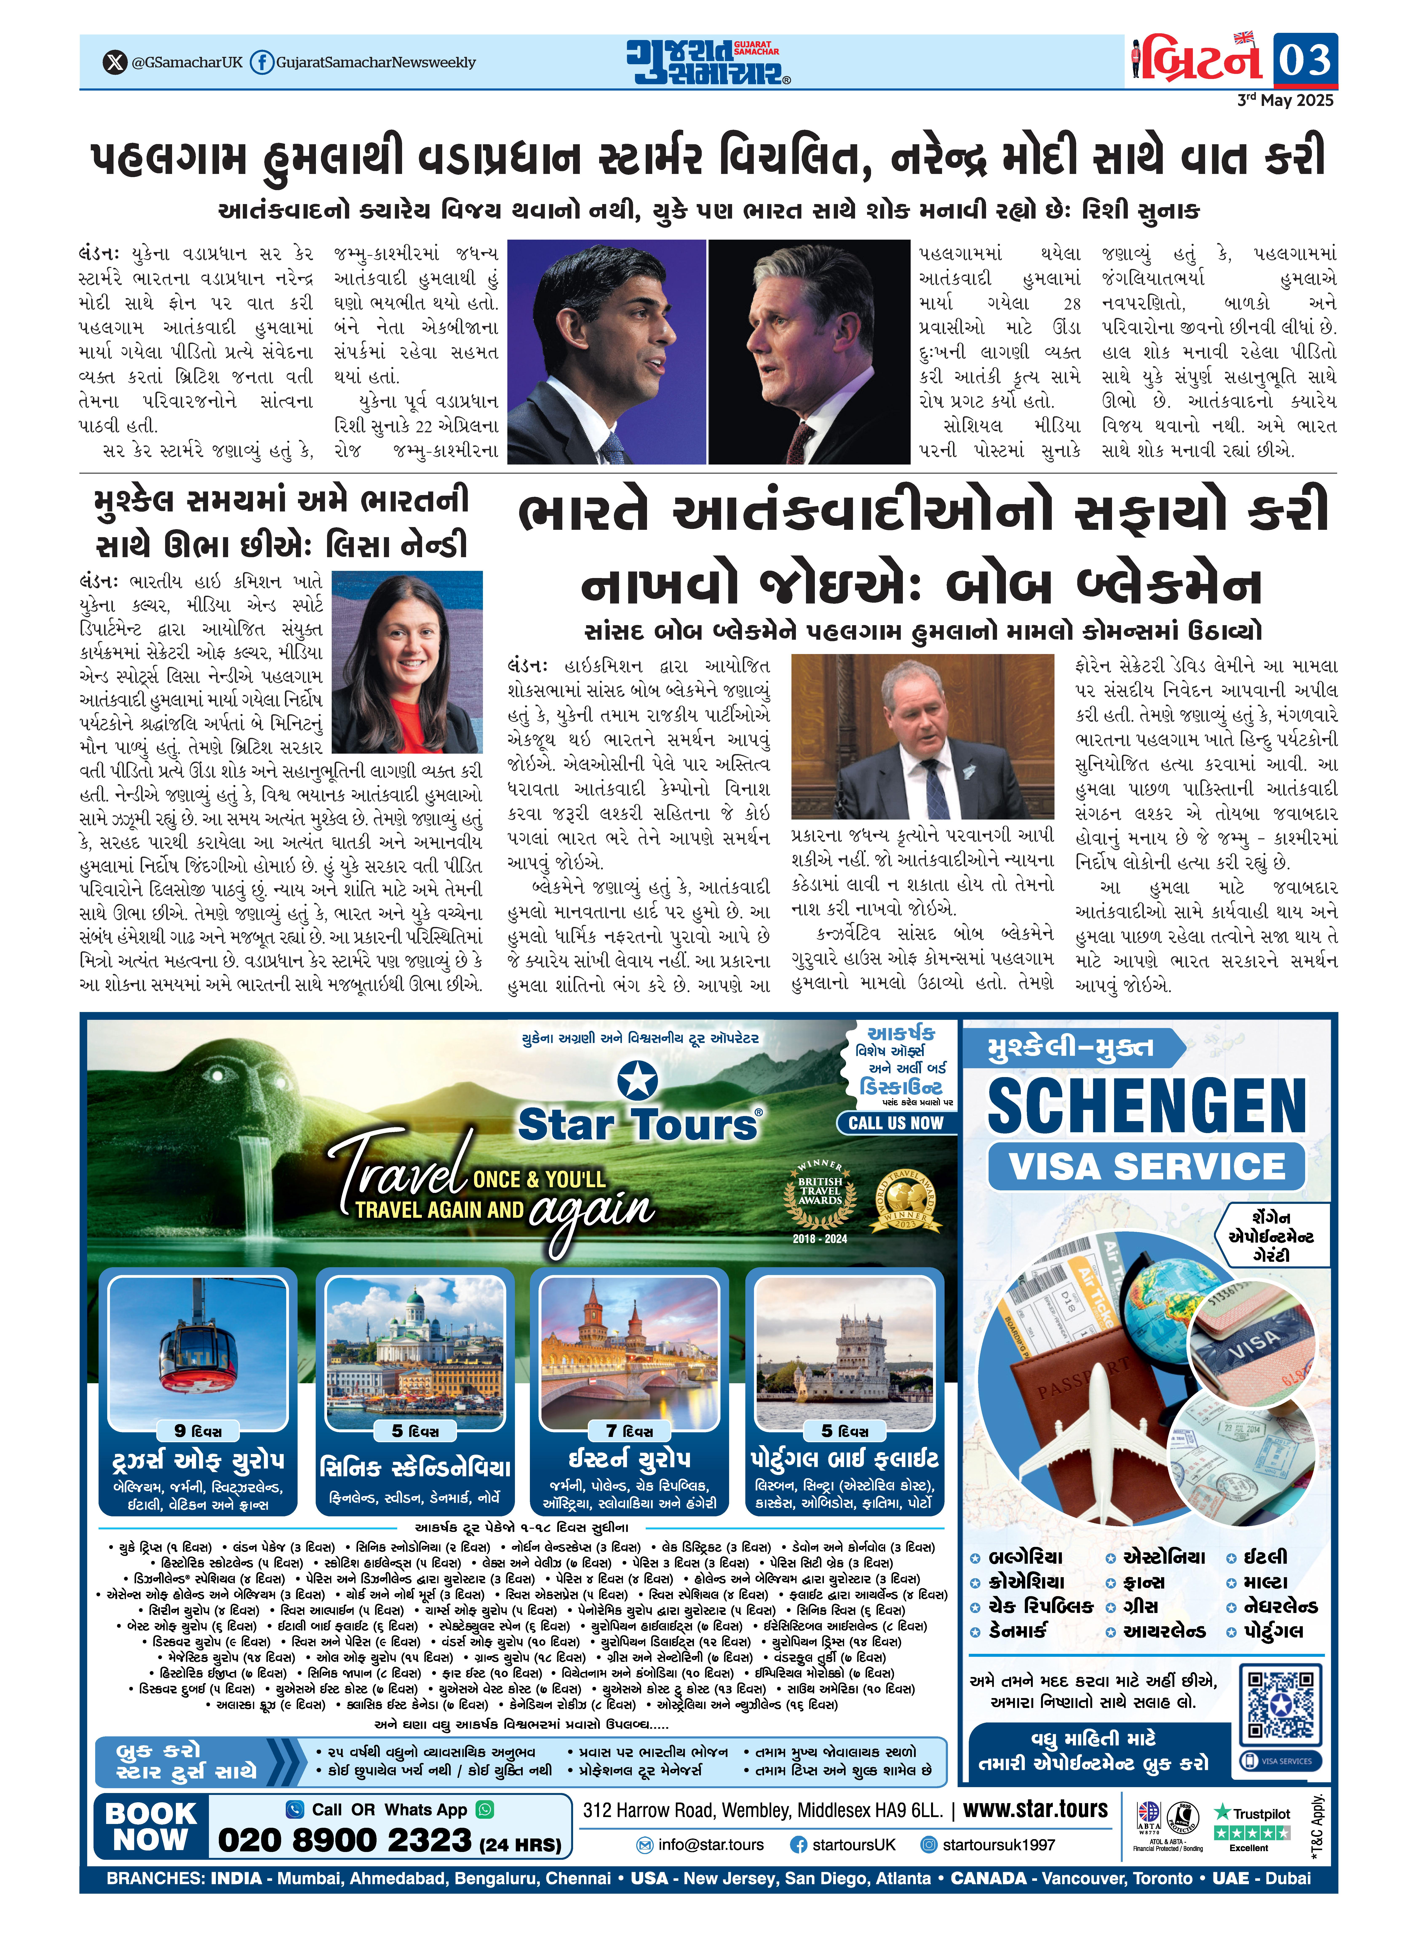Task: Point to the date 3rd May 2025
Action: tap(1285, 100)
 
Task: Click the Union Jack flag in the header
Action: tap(1243, 38)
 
